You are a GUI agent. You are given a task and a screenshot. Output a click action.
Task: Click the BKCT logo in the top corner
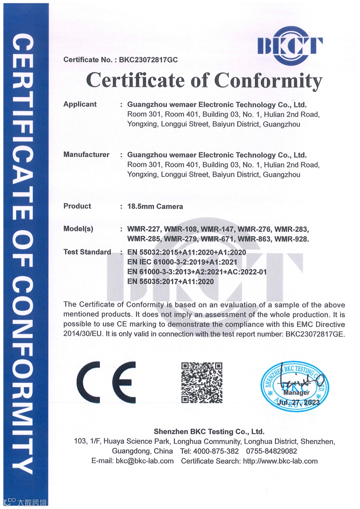pyautogui.click(x=290, y=46)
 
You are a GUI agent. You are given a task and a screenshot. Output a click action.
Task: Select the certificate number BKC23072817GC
pyautogui.click(x=148, y=60)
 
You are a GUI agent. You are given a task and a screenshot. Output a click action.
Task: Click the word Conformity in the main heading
pyautogui.click(x=268, y=81)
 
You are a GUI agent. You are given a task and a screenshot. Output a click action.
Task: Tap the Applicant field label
pyautogui.click(x=80, y=104)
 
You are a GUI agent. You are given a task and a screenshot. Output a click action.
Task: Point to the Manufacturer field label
pyautogui.click(x=86, y=155)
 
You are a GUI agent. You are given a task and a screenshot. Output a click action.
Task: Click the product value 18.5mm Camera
pyautogui.click(x=155, y=207)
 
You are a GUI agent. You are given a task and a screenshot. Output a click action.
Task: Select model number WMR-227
pyautogui.click(x=144, y=229)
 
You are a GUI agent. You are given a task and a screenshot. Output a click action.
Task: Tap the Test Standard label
pyautogui.click(x=87, y=252)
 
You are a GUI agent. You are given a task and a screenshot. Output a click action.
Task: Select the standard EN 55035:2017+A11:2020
pyautogui.click(x=170, y=281)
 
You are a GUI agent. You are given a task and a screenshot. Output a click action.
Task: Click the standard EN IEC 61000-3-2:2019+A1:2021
pyautogui.click(x=182, y=262)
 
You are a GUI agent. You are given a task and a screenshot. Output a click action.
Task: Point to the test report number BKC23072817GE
pyautogui.click(x=315, y=334)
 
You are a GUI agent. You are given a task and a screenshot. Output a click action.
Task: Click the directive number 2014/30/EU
pyautogui.click(x=83, y=334)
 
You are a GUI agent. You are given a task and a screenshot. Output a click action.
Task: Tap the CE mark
pyautogui.click(x=106, y=382)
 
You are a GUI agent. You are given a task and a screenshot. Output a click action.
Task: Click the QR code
pyautogui.click(x=202, y=382)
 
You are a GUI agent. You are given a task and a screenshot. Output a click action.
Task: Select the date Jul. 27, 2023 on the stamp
pyautogui.click(x=298, y=402)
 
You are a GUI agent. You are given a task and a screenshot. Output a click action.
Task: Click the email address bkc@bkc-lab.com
pyautogui.click(x=145, y=461)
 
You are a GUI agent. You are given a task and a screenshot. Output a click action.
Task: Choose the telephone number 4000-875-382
pyautogui.click(x=216, y=451)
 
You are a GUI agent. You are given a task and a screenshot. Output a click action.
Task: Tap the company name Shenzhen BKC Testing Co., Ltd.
pyautogui.click(x=209, y=432)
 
